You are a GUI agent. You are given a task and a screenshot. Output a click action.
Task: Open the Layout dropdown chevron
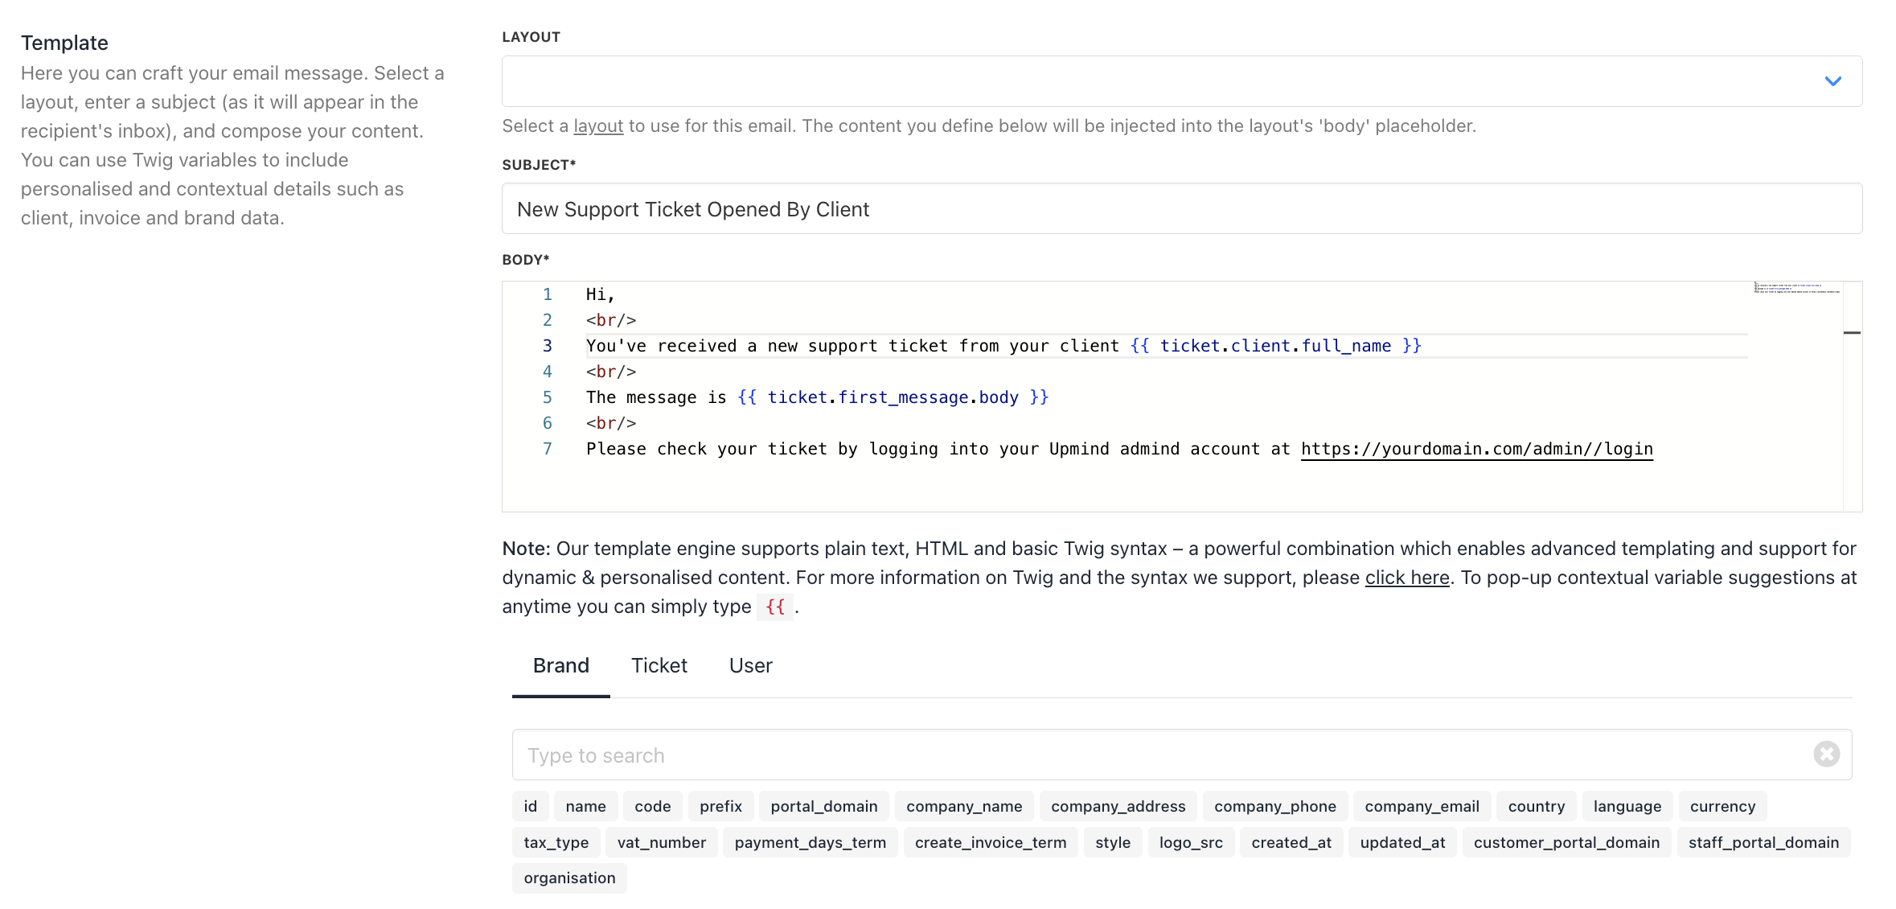pos(1832,81)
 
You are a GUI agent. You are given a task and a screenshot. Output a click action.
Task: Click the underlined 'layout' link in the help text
pos(598,126)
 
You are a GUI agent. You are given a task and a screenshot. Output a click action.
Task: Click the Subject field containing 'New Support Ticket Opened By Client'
pos(1181,209)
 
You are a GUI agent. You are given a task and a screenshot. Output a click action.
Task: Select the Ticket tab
pos(659,665)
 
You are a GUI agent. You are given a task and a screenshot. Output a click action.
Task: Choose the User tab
pos(750,665)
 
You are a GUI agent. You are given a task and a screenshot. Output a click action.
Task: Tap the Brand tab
pos(561,665)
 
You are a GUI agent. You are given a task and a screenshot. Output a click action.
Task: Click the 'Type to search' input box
pos(1181,755)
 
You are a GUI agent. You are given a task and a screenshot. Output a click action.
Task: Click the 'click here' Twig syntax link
pos(1407,578)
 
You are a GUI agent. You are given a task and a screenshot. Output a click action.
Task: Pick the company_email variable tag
pos(1422,806)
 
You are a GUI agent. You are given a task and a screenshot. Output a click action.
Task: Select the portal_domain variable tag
pos(824,806)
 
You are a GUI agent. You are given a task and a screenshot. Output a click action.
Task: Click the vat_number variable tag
pos(661,842)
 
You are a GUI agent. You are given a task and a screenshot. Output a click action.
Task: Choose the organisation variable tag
pos(569,878)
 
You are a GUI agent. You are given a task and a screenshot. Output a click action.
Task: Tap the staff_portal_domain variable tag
pos(1763,842)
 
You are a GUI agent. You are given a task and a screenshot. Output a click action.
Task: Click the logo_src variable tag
pos(1191,842)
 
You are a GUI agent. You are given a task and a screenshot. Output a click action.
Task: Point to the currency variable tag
pos(1722,806)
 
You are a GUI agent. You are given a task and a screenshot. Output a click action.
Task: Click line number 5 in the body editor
pos(547,397)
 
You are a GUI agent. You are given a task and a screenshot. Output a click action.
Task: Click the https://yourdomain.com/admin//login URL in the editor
pos(1477,449)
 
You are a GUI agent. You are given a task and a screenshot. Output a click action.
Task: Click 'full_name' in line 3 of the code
pos(1346,346)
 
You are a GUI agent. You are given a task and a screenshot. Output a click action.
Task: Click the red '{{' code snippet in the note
pos(775,607)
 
